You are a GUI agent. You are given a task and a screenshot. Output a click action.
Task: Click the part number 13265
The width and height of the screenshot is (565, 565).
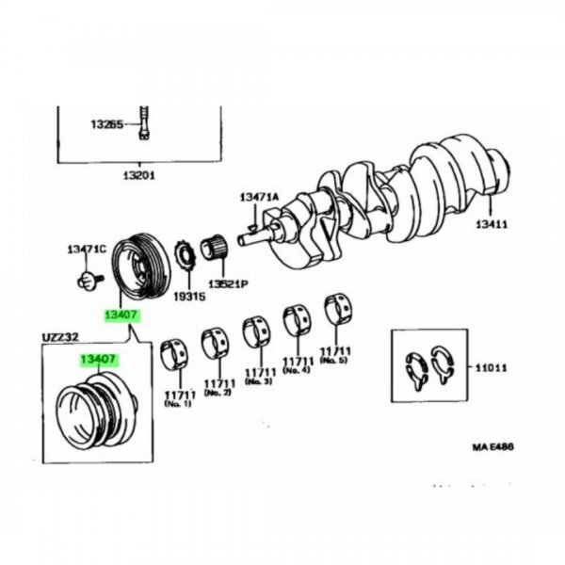point(106,124)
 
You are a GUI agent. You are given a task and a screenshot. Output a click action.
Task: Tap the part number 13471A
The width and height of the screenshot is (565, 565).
point(259,197)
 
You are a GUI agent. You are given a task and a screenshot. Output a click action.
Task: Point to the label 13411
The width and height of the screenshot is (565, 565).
point(491,224)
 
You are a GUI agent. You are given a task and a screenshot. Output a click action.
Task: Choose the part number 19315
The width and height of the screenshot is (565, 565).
point(188,296)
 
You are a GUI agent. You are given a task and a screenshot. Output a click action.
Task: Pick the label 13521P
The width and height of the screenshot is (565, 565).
point(228,283)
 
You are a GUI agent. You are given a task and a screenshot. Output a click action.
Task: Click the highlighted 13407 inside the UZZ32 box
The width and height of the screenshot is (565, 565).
point(97,359)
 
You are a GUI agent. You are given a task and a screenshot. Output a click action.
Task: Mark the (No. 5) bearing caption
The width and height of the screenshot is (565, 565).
point(335,359)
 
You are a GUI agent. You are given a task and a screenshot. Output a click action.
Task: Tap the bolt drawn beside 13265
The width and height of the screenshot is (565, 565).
point(144,121)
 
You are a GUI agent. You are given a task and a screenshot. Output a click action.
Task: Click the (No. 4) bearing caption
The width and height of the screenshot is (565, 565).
point(298,371)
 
